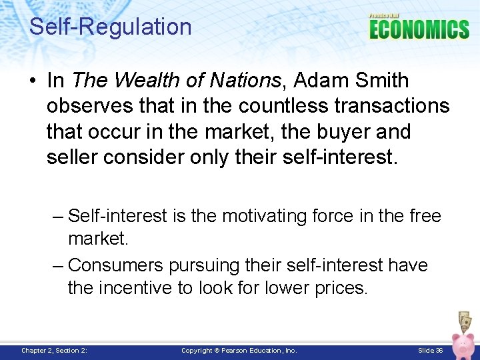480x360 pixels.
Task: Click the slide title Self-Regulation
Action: (111, 27)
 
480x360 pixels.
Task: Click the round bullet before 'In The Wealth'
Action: (33, 81)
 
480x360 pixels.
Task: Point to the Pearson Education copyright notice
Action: (239, 350)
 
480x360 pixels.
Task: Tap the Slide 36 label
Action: (430, 350)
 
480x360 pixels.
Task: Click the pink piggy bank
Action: (461, 343)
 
